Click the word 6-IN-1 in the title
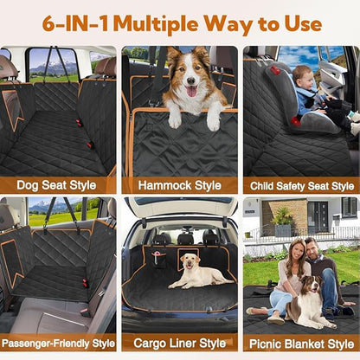click(x=77, y=22)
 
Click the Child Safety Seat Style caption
click(x=300, y=185)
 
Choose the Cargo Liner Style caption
click(x=179, y=342)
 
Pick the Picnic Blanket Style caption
click(x=300, y=342)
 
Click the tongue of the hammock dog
click(x=190, y=91)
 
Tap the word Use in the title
click(x=299, y=22)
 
